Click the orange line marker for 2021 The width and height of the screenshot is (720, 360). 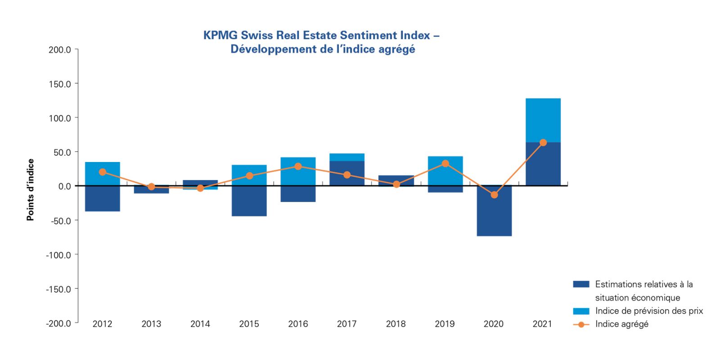(543, 143)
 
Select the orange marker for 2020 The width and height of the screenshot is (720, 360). (494, 195)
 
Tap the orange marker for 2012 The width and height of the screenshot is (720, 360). (103, 172)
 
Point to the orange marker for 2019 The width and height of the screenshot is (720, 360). (445, 163)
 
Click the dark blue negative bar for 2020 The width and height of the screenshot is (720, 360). (494, 211)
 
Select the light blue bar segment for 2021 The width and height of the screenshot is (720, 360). (543, 120)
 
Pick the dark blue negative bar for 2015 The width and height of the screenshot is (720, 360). (249, 201)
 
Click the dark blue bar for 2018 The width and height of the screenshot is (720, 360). (396, 180)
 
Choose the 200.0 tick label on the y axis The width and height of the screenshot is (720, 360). (60, 49)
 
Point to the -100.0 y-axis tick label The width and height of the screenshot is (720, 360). (58, 255)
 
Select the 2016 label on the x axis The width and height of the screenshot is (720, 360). (298, 324)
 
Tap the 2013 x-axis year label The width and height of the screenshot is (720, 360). (151, 324)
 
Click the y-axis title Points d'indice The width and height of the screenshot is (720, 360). (31, 190)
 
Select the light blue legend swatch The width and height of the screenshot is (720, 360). (581, 311)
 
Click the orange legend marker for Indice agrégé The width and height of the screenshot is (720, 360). (581, 324)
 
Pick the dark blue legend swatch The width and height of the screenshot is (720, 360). (581, 284)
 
